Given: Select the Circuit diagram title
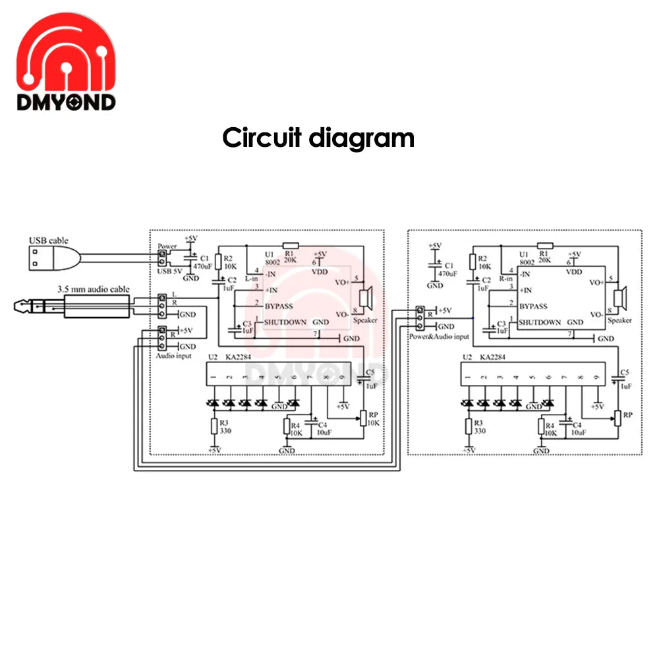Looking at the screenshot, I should pos(318,138).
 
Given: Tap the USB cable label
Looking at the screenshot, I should pos(48,241).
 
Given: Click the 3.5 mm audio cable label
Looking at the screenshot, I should pos(93,289).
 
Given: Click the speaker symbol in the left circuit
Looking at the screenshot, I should pos(364,297).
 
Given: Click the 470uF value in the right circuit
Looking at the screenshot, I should pos(448,273).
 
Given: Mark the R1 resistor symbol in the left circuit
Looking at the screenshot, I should pos(290,244).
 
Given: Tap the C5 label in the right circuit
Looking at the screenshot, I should pos(624,372).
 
